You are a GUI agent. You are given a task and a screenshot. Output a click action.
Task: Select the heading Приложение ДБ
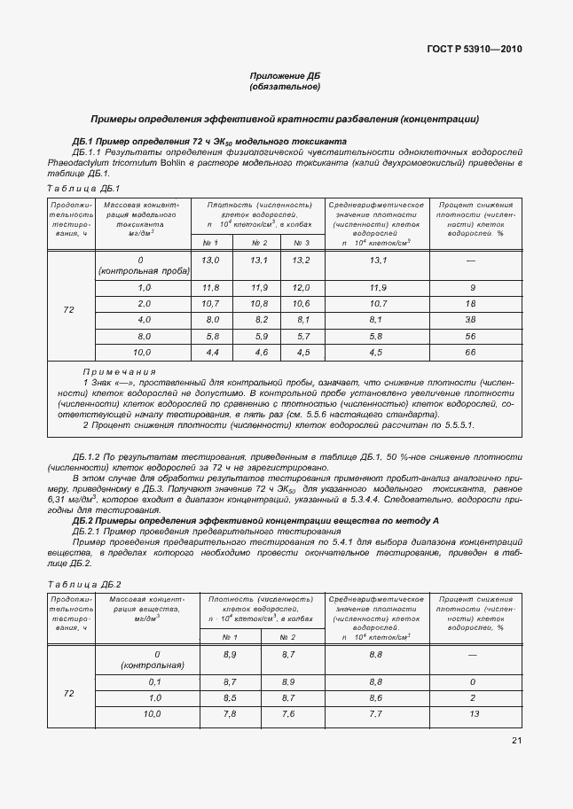click(285, 76)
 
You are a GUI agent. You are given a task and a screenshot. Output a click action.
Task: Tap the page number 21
click(516, 741)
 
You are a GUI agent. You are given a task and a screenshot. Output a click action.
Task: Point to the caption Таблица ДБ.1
click(82, 189)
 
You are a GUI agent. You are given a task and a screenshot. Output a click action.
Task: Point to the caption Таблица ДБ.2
click(82, 585)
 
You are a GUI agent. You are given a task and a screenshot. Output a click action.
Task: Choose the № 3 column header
click(301, 243)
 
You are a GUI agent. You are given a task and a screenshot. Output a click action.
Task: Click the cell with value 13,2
click(301, 261)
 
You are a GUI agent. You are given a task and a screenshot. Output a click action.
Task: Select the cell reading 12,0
click(301, 288)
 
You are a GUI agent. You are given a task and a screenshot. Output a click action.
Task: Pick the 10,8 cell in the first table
click(259, 304)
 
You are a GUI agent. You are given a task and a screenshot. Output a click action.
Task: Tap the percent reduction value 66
click(472, 353)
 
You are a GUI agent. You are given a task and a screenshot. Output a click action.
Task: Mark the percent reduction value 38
click(472, 320)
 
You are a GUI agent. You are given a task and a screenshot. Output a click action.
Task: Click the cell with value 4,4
click(211, 353)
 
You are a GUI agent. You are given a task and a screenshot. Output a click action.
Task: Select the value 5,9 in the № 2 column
click(259, 337)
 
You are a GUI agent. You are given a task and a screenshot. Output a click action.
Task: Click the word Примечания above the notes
click(119, 372)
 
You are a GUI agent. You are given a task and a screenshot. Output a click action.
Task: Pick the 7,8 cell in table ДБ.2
click(229, 713)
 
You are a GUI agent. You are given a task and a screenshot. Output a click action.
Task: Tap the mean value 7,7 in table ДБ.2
click(375, 713)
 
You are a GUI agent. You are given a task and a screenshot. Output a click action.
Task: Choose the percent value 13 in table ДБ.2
click(472, 713)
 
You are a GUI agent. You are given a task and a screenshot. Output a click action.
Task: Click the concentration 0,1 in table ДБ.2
click(153, 681)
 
